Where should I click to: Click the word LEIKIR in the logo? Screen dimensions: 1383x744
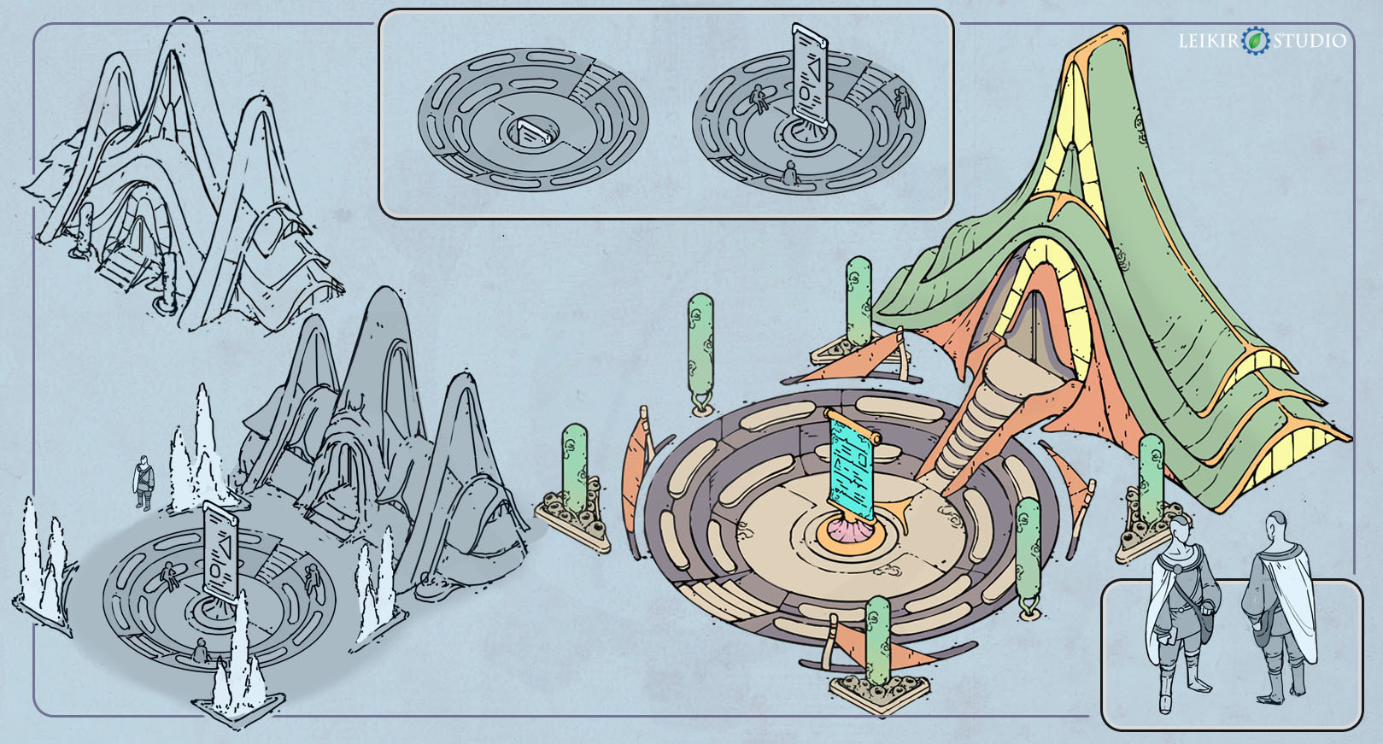pos(1209,41)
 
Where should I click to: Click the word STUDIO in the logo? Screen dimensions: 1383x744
pos(1310,41)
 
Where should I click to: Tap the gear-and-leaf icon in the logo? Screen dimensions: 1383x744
pos(1256,41)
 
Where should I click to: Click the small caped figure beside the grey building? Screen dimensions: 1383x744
pos(144,483)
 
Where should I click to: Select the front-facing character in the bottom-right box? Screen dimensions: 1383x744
pos(1182,612)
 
